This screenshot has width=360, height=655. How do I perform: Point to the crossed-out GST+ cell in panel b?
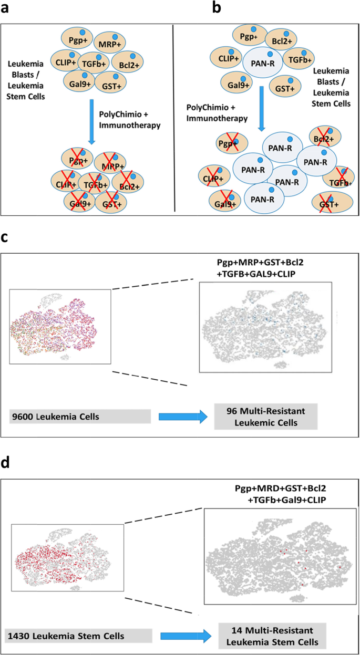tap(327, 203)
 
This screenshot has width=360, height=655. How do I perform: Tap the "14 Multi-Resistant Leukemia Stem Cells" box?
tap(272, 635)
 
